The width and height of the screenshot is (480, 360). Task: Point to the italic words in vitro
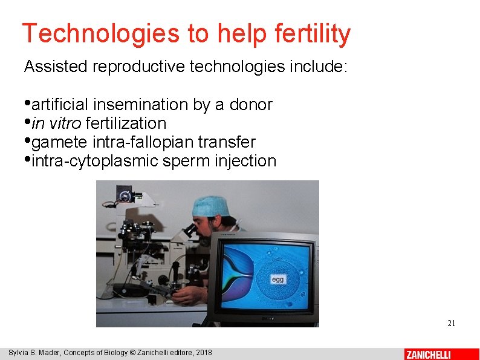(56, 123)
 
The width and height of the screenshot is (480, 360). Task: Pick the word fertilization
(126, 123)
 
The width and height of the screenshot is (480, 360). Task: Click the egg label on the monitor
(277, 280)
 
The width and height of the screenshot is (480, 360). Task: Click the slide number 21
(451, 323)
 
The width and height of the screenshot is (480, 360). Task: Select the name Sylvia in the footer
(19, 353)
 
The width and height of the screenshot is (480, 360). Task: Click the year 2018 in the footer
(203, 353)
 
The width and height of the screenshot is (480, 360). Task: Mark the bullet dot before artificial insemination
(28, 102)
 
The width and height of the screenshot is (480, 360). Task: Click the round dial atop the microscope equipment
(126, 195)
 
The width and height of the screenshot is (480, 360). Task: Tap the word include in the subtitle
(319, 67)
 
